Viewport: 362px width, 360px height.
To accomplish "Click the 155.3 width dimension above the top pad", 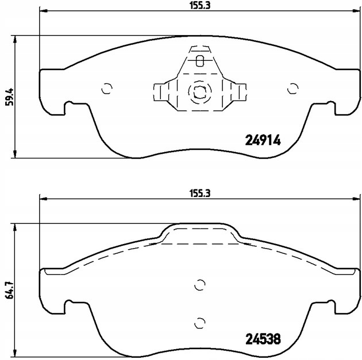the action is [200, 5].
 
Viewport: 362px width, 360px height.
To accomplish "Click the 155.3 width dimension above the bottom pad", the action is [200, 193].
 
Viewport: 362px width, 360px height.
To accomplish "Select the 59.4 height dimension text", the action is [10, 97].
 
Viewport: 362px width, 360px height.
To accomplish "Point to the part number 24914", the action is [263, 140].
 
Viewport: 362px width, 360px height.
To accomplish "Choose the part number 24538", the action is [263, 339].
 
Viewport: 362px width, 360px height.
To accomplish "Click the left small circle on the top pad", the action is [107, 88].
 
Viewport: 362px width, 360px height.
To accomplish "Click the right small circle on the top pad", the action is [293, 88].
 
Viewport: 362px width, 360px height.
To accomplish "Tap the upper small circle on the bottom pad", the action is [200, 285].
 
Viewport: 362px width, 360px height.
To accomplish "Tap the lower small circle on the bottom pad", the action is [200, 323].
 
